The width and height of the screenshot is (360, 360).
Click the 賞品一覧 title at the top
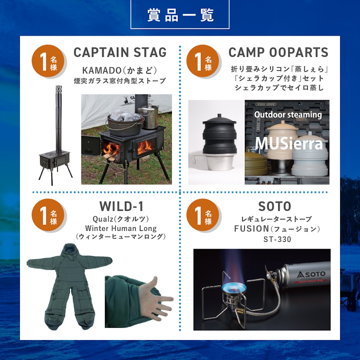(180, 15)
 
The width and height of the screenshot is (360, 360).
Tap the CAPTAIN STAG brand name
(120, 53)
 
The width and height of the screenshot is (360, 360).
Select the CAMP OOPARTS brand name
(278, 53)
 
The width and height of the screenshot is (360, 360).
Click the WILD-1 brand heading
(122, 206)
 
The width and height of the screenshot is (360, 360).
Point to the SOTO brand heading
(274, 206)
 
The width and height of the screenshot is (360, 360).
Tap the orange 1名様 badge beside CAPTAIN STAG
(49, 61)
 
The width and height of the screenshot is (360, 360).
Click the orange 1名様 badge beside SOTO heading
(203, 215)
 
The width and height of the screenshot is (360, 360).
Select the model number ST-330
(277, 239)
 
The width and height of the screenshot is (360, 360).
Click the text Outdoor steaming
(288, 115)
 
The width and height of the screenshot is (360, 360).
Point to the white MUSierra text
(289, 144)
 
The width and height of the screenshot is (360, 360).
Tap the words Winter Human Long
(121, 228)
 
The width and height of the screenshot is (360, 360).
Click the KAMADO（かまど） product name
(119, 70)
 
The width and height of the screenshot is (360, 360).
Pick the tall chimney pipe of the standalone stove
(58, 119)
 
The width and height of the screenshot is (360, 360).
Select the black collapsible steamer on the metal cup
(220, 135)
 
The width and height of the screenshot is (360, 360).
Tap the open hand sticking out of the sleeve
(155, 299)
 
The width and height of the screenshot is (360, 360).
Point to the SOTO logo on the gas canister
(311, 274)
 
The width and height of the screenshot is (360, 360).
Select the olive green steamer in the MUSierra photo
(255, 161)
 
